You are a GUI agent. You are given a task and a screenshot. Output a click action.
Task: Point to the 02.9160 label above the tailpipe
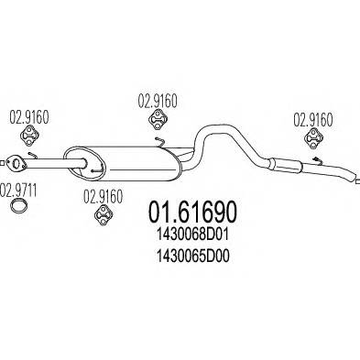pos(311,118)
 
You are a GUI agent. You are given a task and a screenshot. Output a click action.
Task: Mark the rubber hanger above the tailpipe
pos(311,139)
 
